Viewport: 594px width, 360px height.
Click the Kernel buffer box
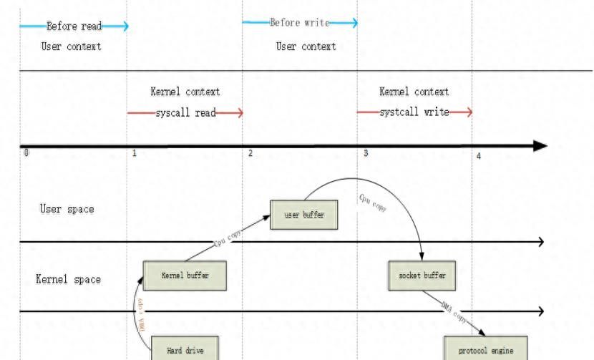click(185, 275)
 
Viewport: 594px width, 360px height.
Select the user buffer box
click(304, 215)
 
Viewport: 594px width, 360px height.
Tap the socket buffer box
click(422, 275)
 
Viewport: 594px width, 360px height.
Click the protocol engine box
click(485, 350)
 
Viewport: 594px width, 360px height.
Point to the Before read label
click(74, 27)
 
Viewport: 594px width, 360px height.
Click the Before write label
click(300, 23)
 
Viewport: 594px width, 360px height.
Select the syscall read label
click(185, 113)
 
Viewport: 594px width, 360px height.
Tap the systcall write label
click(414, 112)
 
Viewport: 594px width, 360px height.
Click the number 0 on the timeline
click(26, 152)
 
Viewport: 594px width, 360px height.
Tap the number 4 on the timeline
click(479, 156)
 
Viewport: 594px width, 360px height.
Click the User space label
click(67, 209)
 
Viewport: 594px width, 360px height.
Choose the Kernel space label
click(69, 278)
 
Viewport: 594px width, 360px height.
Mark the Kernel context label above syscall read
click(185, 92)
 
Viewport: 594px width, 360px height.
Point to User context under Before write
click(306, 47)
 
